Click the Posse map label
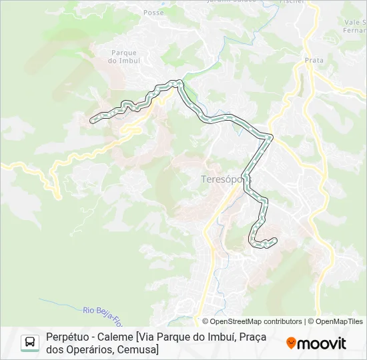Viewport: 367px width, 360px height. [153, 13]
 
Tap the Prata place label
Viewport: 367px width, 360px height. [314, 60]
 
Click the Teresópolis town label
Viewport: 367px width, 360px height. [221, 179]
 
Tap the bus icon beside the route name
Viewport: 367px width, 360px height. [30, 343]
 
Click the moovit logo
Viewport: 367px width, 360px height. [316, 343]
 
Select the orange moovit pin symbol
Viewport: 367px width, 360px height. [291, 343]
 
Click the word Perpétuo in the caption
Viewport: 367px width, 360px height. [66, 337]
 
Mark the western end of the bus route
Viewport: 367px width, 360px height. [92, 120]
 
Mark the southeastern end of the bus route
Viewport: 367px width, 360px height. [274, 241]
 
